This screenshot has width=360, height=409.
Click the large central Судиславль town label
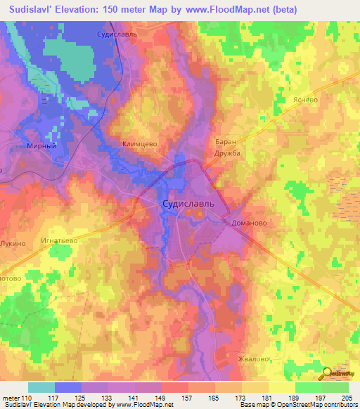[x=184, y=204]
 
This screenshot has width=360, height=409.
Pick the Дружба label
[x=228, y=152]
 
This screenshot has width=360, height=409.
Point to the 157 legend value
[x=188, y=398]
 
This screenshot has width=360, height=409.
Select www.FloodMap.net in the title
[x=227, y=9]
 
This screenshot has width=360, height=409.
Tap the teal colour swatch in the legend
[x=41, y=387]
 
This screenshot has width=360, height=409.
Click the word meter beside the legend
[x=11, y=398]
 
